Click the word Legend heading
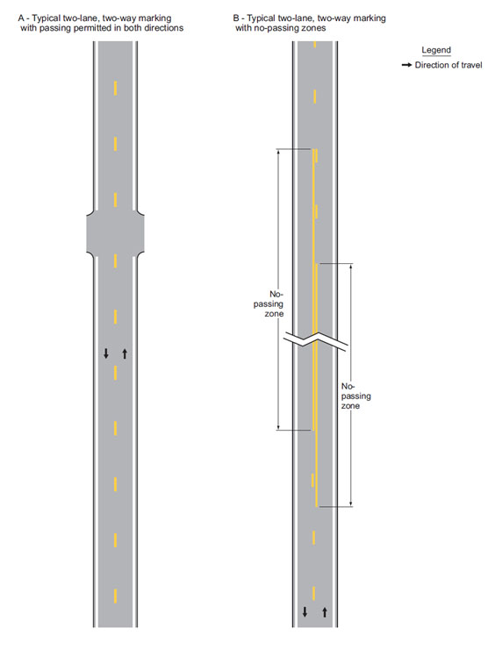coord(436,50)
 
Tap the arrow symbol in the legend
coord(406,66)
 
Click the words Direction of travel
coord(448,65)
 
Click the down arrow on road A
coord(106,353)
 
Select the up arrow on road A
coord(125,353)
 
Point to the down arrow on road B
coord(305,612)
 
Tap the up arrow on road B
coord(325,612)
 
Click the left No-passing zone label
coord(269,303)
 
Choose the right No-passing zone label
coord(355,396)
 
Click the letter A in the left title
coord(21,18)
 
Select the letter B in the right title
coord(236,18)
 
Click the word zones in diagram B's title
coord(314,28)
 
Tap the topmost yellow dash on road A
coord(115,89)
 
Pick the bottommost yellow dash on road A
coord(115,596)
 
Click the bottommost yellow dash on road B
coord(314,593)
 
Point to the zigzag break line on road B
coord(316,340)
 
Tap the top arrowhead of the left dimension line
coord(278,151)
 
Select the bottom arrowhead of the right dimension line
coord(351,503)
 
